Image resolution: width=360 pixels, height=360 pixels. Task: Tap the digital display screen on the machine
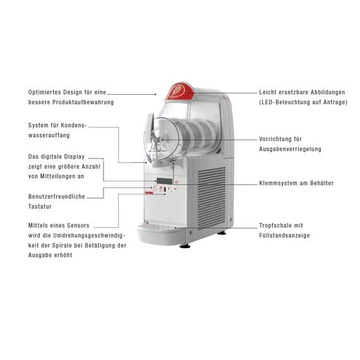(x=164, y=181)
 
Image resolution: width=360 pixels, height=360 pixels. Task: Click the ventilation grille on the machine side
(x=212, y=198)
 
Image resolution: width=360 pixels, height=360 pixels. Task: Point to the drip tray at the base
(x=160, y=233)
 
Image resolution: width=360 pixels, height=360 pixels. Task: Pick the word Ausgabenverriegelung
(x=290, y=149)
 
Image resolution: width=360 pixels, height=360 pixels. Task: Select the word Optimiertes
(x=45, y=92)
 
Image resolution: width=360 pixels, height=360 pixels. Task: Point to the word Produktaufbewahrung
(x=83, y=102)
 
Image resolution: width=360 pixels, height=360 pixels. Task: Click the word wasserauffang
(x=49, y=135)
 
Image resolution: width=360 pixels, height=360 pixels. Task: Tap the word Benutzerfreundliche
(x=56, y=196)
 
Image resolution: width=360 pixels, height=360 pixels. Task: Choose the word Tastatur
(x=40, y=207)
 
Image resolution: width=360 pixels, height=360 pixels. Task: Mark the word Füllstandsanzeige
(x=284, y=236)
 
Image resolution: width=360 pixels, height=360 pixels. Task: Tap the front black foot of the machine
(x=185, y=246)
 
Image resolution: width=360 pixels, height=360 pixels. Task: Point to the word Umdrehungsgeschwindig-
(x=89, y=236)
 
